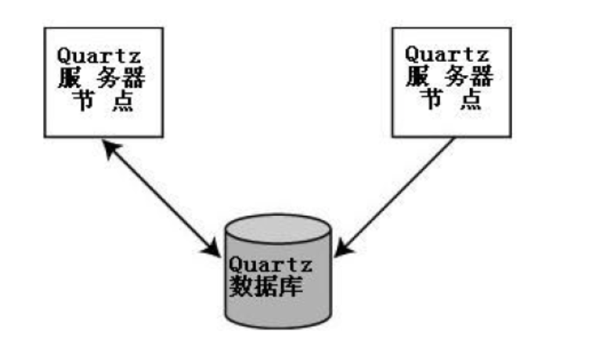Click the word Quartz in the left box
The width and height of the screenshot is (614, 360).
pyautogui.click(x=97, y=57)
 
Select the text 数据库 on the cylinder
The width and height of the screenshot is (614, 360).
pyautogui.click(x=266, y=286)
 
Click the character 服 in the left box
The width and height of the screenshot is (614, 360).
pyautogui.click(x=69, y=79)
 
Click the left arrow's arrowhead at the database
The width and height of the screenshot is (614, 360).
pyautogui.click(x=213, y=250)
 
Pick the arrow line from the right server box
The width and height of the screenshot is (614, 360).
pyautogui.click(x=399, y=192)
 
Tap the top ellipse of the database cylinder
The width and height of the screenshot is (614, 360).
pyautogui.click(x=278, y=230)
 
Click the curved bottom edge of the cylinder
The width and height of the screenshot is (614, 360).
pyautogui.click(x=278, y=326)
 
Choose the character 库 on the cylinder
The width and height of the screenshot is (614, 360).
pyautogui.click(x=293, y=286)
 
